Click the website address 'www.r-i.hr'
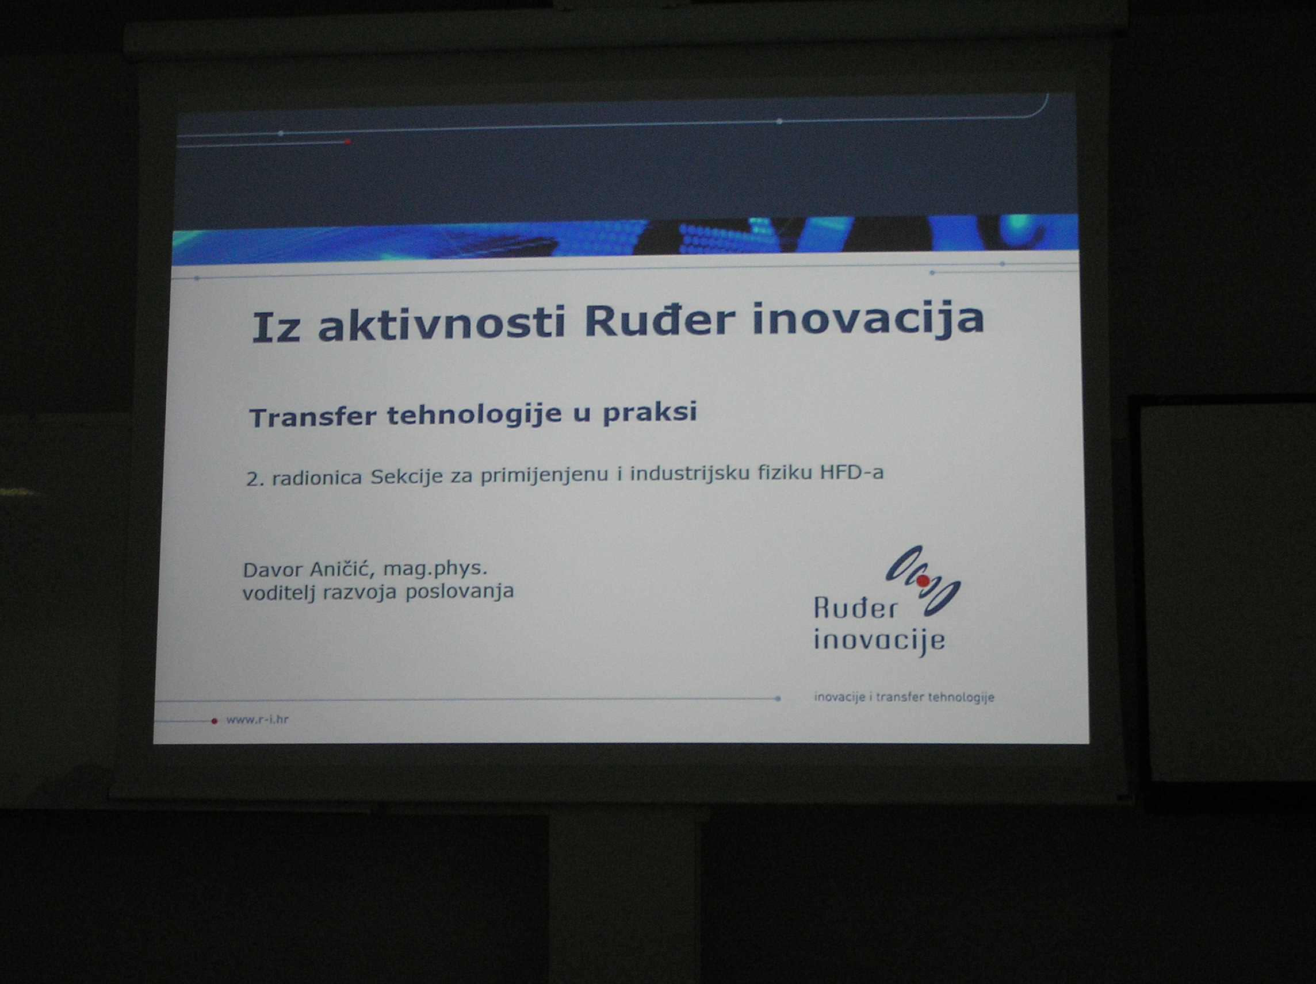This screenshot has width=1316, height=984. click(257, 720)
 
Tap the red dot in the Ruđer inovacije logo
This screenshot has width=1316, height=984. click(923, 581)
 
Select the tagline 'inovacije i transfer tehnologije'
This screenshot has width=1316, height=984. click(904, 697)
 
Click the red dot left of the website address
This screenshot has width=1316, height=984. click(214, 721)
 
